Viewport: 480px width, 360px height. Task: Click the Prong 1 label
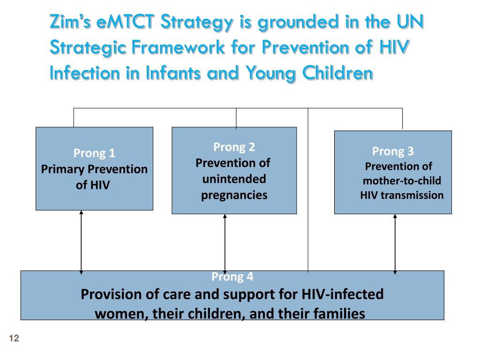94,153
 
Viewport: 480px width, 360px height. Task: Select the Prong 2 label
234,147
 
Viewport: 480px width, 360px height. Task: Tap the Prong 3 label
393,151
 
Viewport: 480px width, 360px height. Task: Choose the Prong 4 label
232,277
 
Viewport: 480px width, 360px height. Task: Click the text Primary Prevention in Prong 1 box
94,169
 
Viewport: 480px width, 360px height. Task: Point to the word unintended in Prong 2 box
234,179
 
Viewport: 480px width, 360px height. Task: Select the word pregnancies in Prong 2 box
234,195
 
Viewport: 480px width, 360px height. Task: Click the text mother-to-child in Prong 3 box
402,181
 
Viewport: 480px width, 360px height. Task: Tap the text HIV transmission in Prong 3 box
402,195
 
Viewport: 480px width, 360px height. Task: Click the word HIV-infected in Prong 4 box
343,294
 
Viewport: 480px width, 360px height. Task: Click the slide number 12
14,339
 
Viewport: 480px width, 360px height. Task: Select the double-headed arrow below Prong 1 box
82,241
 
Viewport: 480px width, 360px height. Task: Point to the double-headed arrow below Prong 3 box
395,244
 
